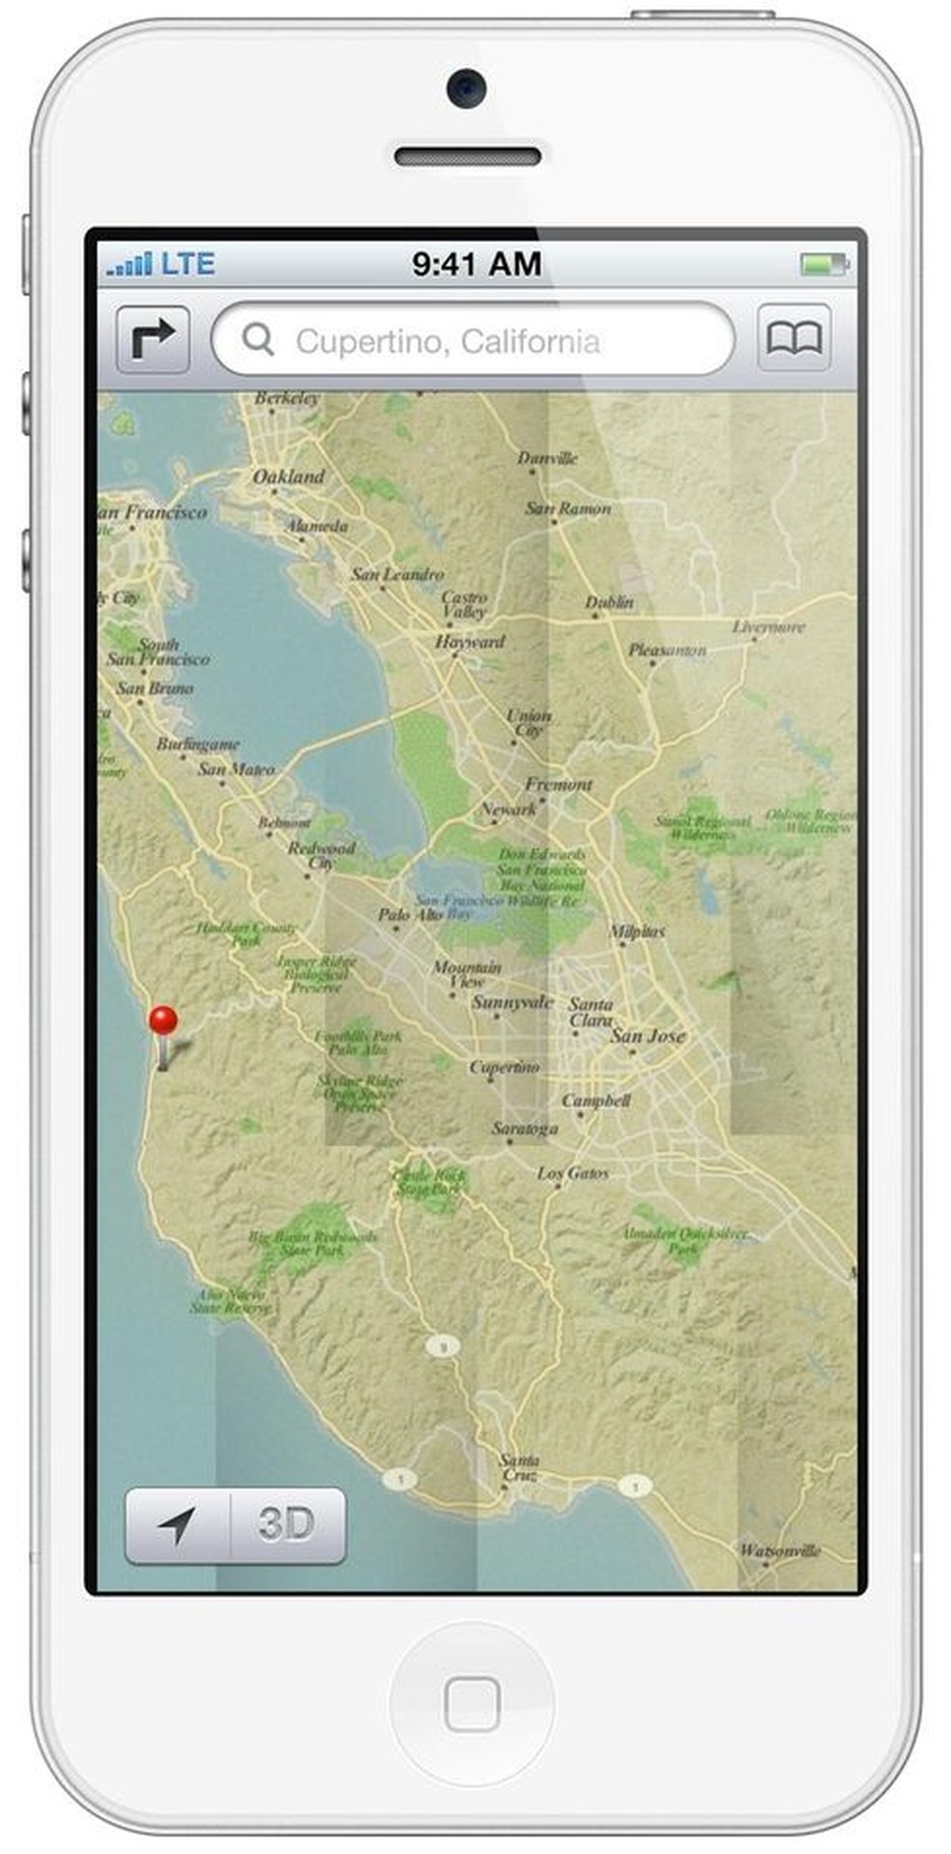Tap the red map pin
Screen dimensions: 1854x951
coord(163,1023)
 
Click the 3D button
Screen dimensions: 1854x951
coord(286,1524)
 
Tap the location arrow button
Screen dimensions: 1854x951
coord(177,1524)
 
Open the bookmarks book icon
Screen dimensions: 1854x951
coord(793,339)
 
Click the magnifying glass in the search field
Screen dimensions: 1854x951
coord(258,339)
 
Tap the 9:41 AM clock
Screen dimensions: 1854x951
coord(475,264)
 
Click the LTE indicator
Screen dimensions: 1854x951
coord(187,264)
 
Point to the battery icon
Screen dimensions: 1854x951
coord(823,264)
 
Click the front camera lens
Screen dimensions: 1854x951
coord(466,89)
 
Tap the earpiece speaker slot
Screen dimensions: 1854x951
coord(467,157)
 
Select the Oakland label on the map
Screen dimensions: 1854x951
coord(288,477)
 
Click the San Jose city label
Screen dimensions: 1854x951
coord(648,1035)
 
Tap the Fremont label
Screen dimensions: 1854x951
coord(559,784)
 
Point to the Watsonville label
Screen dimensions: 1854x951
coord(780,1550)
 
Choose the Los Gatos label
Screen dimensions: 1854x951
coord(573,1173)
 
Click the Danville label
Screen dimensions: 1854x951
coord(547,458)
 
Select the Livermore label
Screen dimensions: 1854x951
coord(768,626)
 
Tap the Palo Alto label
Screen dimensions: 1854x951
coord(410,913)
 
